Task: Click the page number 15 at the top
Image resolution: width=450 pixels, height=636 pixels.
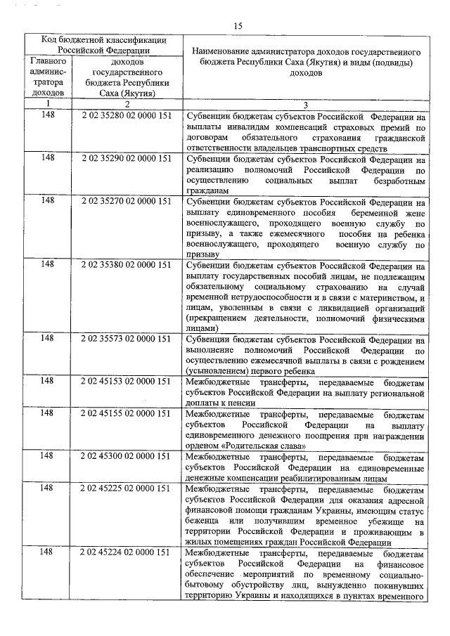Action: click(238, 25)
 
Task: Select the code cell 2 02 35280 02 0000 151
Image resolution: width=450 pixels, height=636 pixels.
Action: click(127, 117)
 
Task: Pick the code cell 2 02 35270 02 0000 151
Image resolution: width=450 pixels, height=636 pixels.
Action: click(127, 201)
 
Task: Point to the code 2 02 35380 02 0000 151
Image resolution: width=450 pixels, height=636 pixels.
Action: click(127, 265)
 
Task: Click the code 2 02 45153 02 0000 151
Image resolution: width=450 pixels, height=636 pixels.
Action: click(127, 381)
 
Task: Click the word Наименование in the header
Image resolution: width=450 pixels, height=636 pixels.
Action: click(222, 52)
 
